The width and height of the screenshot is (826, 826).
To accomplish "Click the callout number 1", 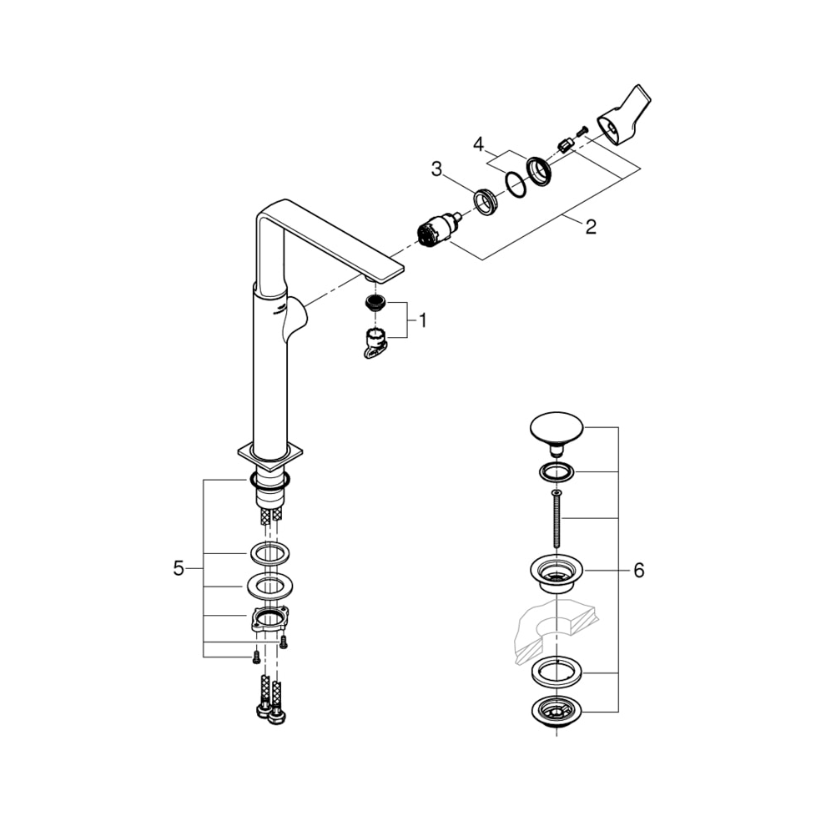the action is [x=422, y=320].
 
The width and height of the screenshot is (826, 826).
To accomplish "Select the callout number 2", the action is [x=591, y=227].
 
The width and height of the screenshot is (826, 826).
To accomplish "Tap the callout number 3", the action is [x=436, y=169].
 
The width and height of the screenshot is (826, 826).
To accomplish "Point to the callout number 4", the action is [x=478, y=144].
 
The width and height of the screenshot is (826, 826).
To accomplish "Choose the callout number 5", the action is [x=179, y=568].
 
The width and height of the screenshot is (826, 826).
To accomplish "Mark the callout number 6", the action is [x=639, y=570].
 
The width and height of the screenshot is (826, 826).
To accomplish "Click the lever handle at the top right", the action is [x=625, y=115].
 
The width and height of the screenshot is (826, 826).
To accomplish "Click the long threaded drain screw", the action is [x=557, y=519].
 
